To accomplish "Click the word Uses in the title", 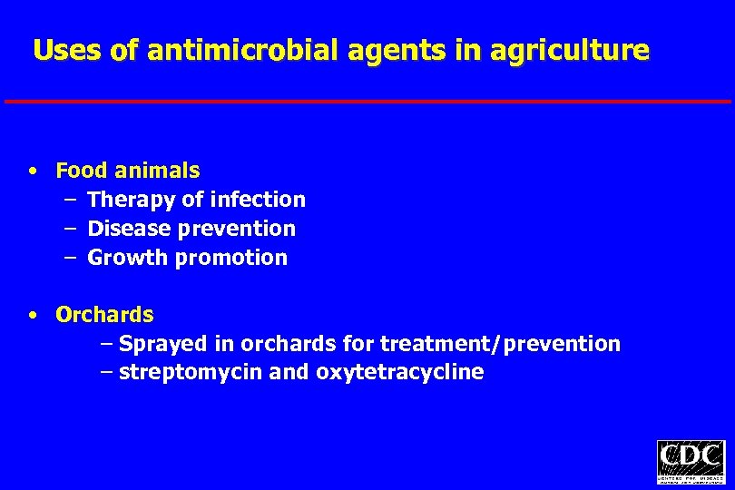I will pyautogui.click(x=67, y=50).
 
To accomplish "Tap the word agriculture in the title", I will pyautogui.click(x=569, y=50).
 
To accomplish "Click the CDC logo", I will pyautogui.click(x=691, y=462).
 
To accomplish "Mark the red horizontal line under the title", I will pyautogui.click(x=367, y=101).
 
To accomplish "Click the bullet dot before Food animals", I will pyautogui.click(x=33, y=171).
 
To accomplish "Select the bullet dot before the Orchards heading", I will pyautogui.click(x=33, y=316).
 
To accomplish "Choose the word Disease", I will pyautogui.click(x=126, y=229).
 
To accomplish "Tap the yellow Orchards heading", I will pyautogui.click(x=104, y=316).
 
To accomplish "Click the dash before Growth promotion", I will pyautogui.click(x=70, y=258).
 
